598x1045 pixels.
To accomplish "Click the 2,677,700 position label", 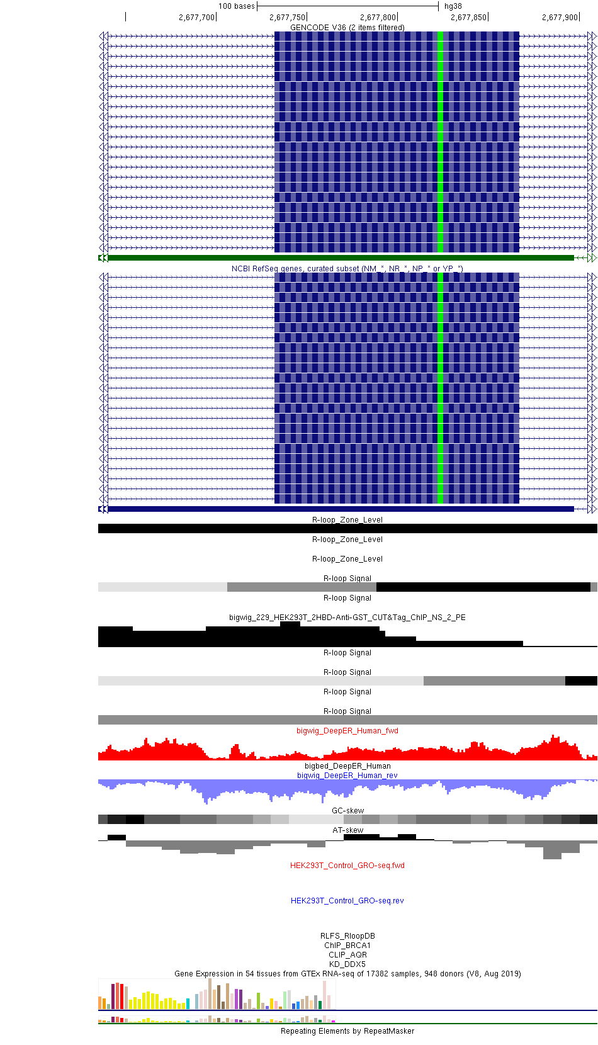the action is tap(196, 17).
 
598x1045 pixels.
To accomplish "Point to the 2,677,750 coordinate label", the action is tap(287, 17).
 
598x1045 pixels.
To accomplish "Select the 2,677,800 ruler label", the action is tap(378, 17).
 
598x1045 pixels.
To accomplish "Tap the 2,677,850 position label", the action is tap(468, 17).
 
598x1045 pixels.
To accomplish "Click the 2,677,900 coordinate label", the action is tap(560, 17).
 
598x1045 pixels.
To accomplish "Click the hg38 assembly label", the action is tap(453, 6).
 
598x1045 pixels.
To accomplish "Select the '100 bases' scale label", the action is tap(237, 6).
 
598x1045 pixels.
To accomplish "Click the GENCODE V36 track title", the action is tap(347, 28).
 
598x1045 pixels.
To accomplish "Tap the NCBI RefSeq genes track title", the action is tap(347, 269).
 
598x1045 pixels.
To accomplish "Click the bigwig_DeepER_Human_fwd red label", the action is tap(347, 731).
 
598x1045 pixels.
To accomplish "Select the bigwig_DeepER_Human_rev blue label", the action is tap(347, 776).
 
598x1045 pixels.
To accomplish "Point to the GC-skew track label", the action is tap(347, 811).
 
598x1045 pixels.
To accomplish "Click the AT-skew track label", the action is tap(347, 830).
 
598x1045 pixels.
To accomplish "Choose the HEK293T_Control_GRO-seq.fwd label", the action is tap(347, 866).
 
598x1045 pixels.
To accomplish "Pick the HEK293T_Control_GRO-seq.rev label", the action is tap(347, 901).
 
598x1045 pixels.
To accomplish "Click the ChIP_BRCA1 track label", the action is tap(347, 946).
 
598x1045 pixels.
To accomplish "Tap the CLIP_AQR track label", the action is tap(347, 955).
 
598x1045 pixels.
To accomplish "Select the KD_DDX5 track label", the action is tap(347, 964).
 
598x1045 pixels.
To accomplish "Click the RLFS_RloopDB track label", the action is tap(347, 936).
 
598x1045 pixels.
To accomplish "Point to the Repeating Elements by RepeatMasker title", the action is tap(347, 1031).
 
